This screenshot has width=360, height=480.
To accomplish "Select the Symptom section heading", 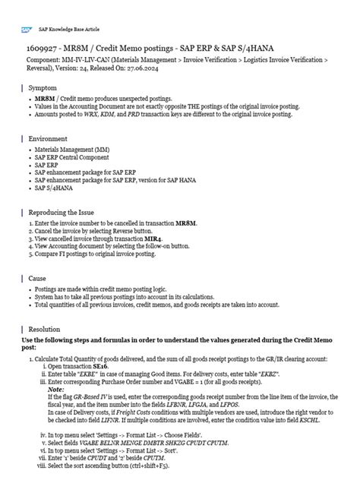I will (x=45, y=88).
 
